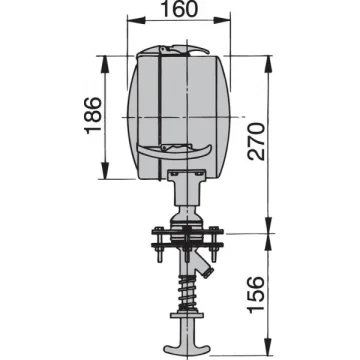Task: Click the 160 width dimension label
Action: click(x=179, y=9)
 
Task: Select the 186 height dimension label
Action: click(x=93, y=116)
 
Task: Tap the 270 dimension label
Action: click(x=256, y=142)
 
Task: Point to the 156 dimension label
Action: click(x=256, y=295)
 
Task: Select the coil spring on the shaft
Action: click(x=187, y=292)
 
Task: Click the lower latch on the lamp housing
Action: click(x=174, y=151)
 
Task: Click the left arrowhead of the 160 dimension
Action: click(x=136, y=20)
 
